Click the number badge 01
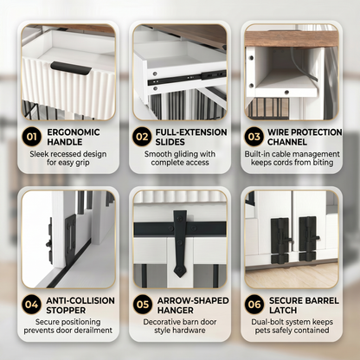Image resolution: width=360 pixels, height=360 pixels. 32,137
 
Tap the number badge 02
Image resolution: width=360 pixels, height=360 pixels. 142,137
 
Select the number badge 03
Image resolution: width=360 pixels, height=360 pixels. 254,137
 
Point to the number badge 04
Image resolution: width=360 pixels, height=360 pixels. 31,305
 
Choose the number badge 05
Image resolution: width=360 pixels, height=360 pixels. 143,305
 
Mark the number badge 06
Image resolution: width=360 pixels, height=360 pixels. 254,305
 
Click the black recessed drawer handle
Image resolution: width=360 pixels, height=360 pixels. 71,68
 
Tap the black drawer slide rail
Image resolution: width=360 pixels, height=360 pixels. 187,77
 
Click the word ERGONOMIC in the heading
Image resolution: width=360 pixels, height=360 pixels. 74,132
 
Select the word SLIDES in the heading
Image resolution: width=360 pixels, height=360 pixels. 170,142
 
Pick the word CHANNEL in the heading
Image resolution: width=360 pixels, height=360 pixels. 287,142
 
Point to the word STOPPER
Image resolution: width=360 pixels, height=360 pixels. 66,311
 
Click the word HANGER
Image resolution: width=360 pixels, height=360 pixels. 176,311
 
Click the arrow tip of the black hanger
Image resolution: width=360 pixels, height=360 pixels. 180,277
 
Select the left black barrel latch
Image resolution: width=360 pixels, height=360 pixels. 280,241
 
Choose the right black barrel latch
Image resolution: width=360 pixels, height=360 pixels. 309,239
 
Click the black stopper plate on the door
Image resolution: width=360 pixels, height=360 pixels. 70,240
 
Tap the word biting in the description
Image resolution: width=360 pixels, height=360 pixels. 323,163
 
